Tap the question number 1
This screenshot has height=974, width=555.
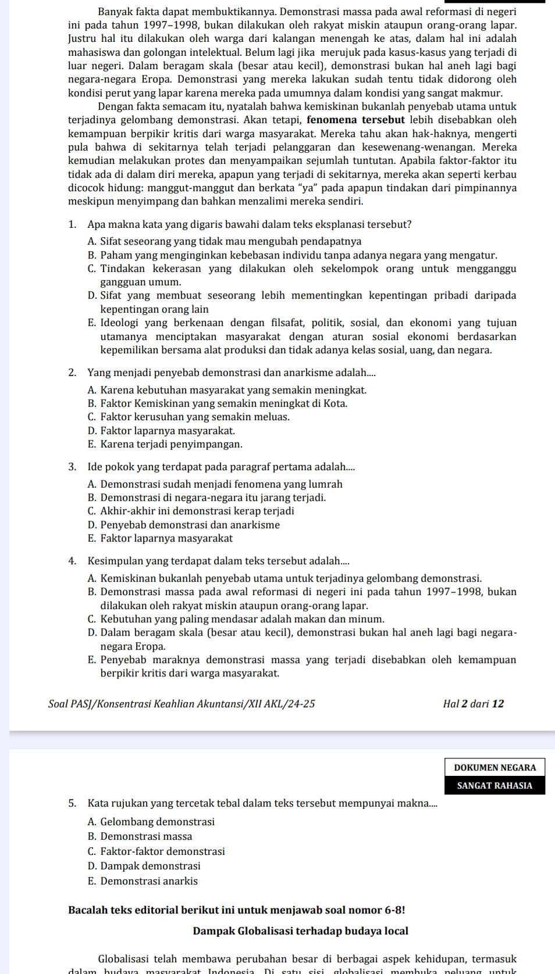click(72, 224)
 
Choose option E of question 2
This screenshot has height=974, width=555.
click(92, 444)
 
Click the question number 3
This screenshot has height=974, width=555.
click(72, 467)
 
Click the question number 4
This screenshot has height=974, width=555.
click(72, 561)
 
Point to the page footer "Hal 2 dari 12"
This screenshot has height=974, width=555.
click(473, 704)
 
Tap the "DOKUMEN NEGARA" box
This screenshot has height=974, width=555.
click(495, 767)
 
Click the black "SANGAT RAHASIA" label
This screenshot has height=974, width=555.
click(495, 785)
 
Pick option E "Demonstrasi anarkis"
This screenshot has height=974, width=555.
click(149, 881)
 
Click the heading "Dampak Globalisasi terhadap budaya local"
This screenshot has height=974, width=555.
click(300, 931)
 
